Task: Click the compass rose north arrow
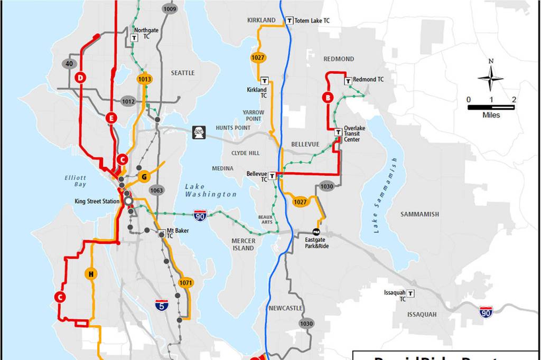click(x=491, y=78)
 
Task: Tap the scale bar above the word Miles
click(x=491, y=107)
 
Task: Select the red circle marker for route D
click(x=80, y=78)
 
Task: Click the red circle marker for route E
click(x=110, y=118)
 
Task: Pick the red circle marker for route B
click(x=328, y=97)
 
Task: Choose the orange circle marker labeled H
click(x=91, y=273)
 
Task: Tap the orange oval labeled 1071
click(x=185, y=283)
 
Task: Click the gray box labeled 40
click(x=69, y=64)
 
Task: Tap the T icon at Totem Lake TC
click(x=289, y=21)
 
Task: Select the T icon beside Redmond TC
click(x=348, y=81)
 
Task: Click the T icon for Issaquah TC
click(x=411, y=293)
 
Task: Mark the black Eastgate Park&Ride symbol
click(x=316, y=232)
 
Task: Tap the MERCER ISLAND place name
click(x=243, y=244)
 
